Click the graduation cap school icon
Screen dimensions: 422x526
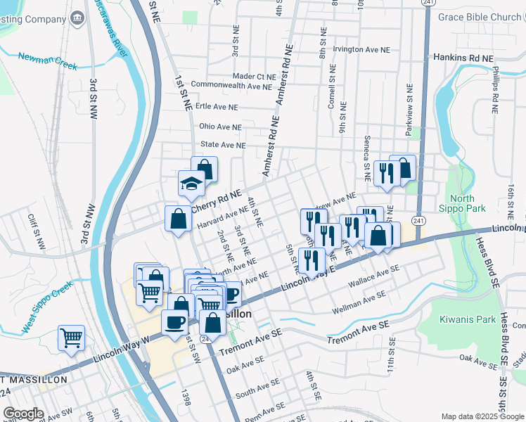[191, 184]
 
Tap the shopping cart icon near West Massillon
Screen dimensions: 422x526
[71, 338]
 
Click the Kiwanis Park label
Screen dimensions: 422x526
[463, 319]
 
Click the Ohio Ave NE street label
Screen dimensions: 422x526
[220, 127]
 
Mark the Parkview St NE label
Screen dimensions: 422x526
[410, 108]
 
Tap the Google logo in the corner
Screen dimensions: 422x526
[24, 414]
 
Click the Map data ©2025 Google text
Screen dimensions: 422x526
[482, 416]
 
